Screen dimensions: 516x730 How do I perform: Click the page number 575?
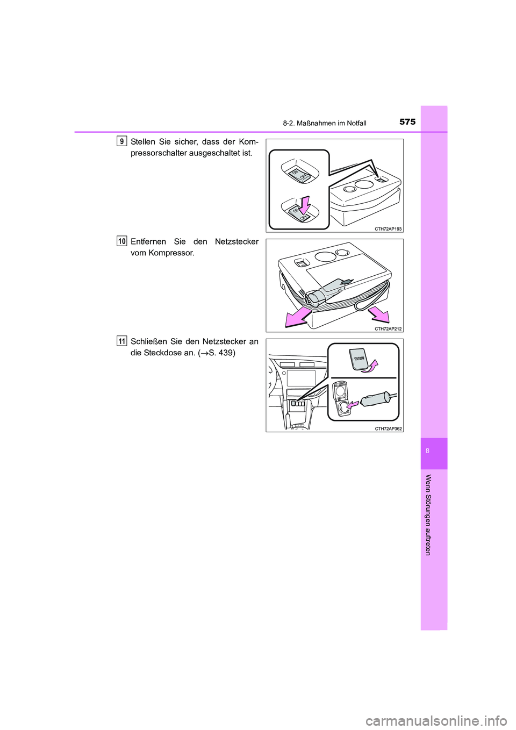[407, 122]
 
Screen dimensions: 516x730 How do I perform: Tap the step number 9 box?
[121, 141]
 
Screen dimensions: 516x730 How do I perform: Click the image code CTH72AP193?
[388, 229]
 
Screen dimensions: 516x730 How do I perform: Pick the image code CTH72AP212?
[388, 329]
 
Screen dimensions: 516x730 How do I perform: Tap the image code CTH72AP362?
[388, 429]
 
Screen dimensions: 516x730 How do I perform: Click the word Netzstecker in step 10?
[236, 242]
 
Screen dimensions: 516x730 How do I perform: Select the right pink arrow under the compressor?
[379, 315]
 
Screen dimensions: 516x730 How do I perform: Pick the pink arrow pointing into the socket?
[352, 404]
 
